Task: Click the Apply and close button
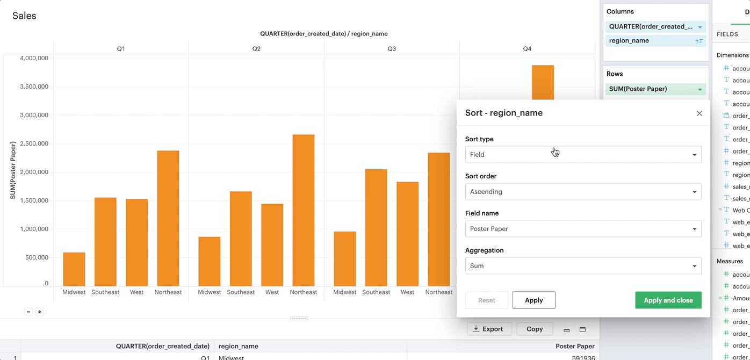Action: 668,300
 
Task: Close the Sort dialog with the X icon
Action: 699,113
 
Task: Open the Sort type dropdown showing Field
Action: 583,155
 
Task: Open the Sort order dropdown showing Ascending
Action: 583,192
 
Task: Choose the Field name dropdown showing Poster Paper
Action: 583,229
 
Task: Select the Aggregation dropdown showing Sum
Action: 583,266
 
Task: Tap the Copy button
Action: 535,329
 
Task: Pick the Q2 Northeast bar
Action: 303,210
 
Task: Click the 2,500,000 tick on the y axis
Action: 34,144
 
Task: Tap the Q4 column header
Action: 527,49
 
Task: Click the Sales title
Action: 24,16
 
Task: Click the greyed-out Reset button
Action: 486,300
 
